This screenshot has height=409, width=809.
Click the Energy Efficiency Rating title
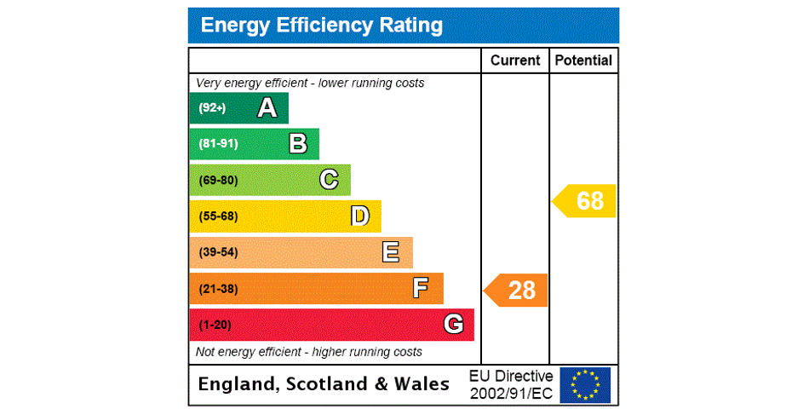[x=321, y=26]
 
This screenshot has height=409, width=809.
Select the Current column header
[x=515, y=60]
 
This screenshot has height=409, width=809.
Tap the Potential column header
[x=583, y=60]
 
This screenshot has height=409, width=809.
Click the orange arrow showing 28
[x=517, y=291]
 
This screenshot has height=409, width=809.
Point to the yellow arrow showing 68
[x=585, y=201]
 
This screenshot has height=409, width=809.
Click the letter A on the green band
[x=267, y=108]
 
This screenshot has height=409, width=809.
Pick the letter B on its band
[x=298, y=144]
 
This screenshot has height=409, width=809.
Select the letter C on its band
[x=329, y=180]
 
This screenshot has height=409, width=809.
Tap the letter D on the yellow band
[x=360, y=216]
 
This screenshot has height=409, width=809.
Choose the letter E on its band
[x=391, y=252]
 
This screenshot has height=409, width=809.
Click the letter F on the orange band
[x=421, y=289]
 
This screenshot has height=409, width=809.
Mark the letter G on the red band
[x=453, y=325]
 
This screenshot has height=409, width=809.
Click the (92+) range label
[x=212, y=108]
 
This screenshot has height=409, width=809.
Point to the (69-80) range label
[x=218, y=181]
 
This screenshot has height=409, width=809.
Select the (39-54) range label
[x=218, y=253]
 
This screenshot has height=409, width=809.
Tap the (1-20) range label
[x=215, y=325]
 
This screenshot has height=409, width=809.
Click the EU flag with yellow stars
[x=585, y=385]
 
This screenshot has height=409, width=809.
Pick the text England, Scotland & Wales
[x=324, y=384]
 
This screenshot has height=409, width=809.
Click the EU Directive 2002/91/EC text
[x=511, y=385]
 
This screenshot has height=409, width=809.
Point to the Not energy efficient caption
[x=309, y=352]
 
